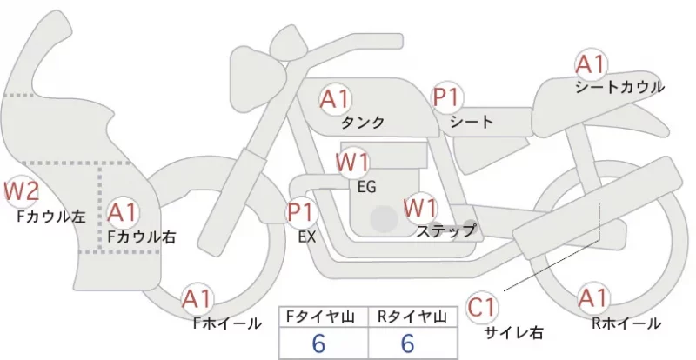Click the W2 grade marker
21,192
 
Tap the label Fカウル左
51,217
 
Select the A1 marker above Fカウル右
123,213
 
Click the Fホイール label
227,323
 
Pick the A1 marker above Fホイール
197,299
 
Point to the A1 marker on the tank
336,99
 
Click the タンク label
363,122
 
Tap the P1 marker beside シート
447,97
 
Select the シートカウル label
620,87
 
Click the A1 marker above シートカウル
591,64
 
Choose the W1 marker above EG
352,163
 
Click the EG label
366,187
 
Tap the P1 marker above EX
302,212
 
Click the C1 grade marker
482,308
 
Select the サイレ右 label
514,332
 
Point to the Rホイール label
626,323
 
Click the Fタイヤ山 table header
323,317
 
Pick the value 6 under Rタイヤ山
408,343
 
